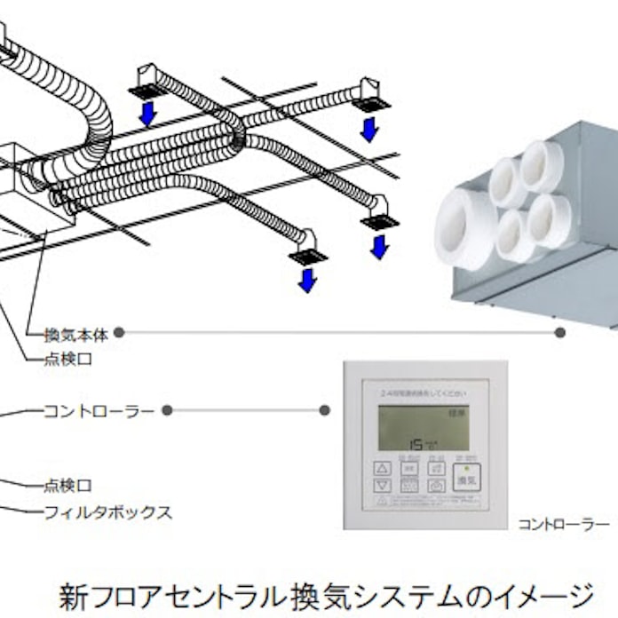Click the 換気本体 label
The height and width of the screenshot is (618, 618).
76,336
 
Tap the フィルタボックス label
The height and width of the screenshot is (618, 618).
107,512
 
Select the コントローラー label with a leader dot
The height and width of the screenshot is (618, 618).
99,411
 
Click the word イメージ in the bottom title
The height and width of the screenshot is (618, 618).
550,593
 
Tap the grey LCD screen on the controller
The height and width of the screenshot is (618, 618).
425,428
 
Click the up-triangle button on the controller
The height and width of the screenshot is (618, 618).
382,468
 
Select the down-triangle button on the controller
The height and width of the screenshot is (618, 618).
382,486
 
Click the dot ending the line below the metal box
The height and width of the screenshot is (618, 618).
559,333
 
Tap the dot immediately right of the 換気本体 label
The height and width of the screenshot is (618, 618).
119,333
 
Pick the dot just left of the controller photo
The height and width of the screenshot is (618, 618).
325,410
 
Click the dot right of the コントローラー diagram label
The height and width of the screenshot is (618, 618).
167,410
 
